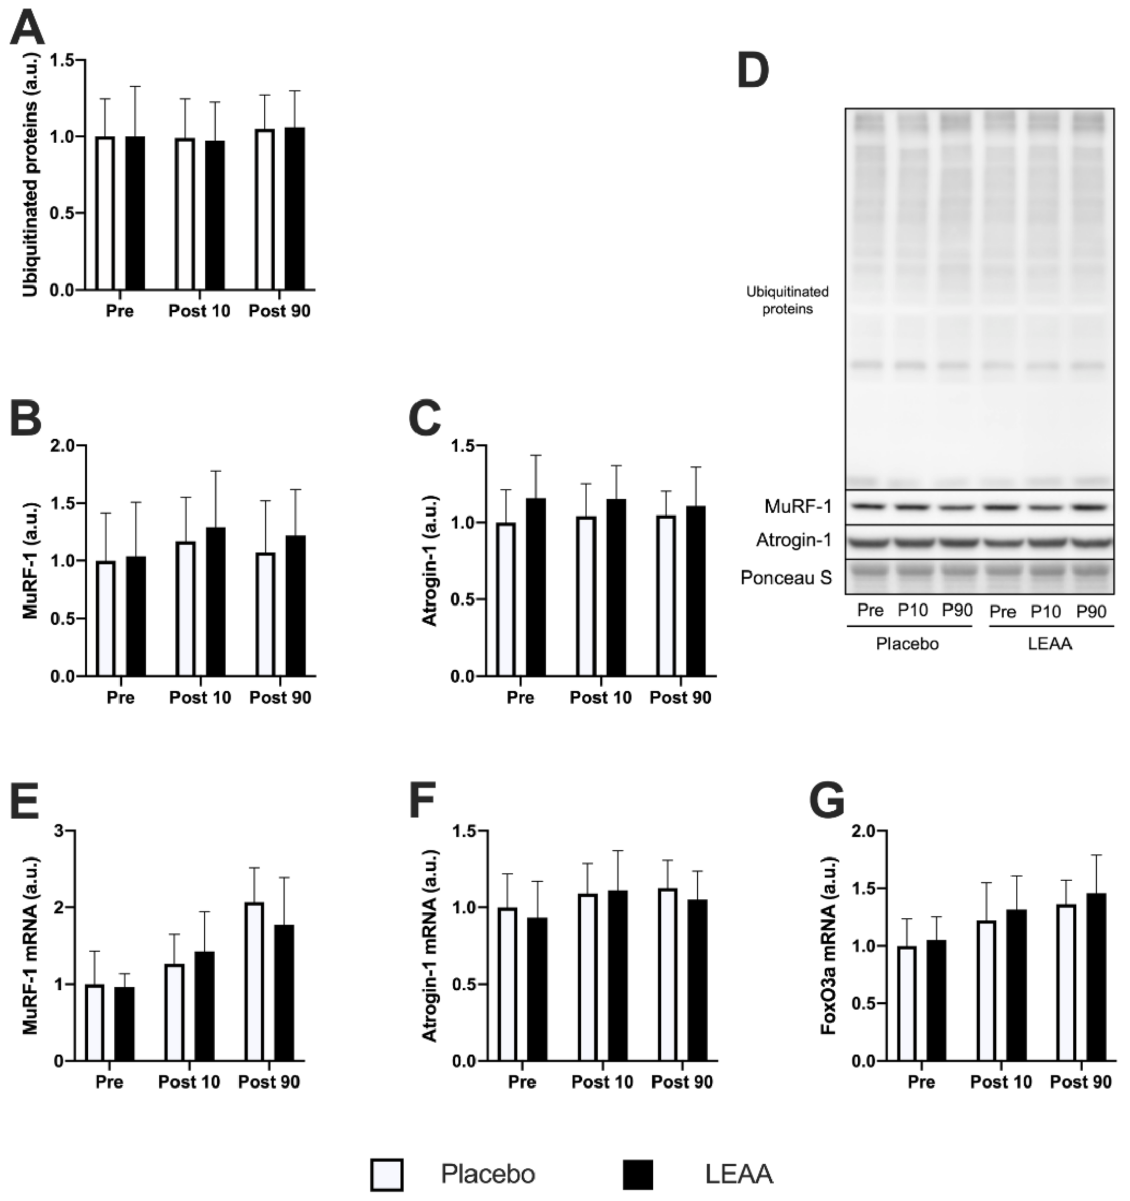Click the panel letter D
753,71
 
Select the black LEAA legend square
638,1174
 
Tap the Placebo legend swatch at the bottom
387,1174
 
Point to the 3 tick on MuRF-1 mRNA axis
58,831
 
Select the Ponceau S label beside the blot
786,578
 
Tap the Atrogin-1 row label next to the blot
794,540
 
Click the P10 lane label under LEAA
1045,612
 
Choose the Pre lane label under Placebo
870,611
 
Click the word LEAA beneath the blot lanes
1050,644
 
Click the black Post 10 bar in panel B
216,602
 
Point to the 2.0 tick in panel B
62,446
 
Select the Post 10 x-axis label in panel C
601,698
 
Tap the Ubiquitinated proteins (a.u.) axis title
30,175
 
